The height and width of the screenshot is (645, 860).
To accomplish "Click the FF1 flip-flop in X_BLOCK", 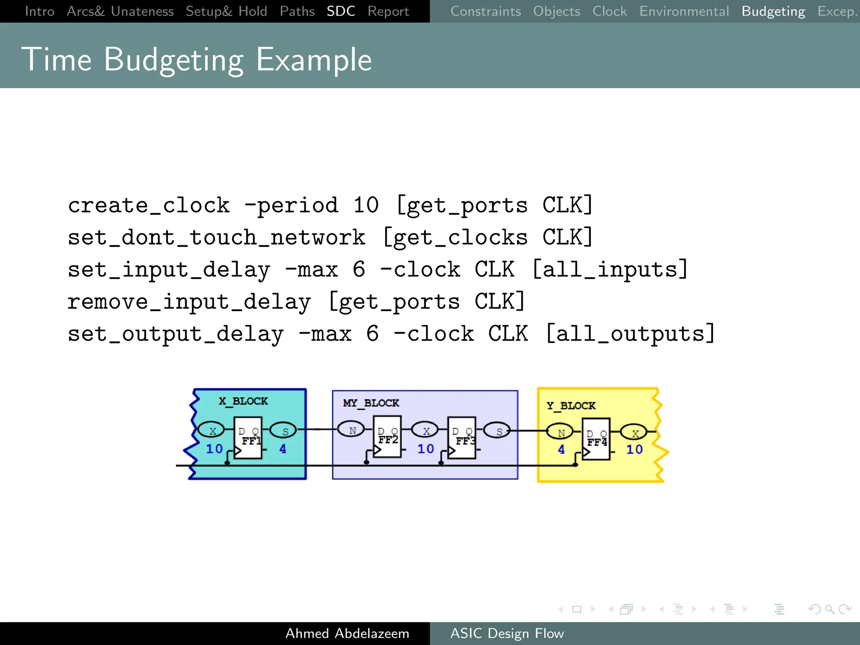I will [x=248, y=438].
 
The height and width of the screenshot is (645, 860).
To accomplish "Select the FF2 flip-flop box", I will [x=387, y=436].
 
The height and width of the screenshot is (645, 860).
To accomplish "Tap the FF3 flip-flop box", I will [x=461, y=438].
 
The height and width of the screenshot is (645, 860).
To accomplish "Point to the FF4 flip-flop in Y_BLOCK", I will [x=596, y=439].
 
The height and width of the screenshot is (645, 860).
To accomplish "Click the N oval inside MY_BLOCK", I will [x=351, y=430].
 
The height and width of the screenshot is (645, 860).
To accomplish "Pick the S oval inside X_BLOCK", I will [x=283, y=430].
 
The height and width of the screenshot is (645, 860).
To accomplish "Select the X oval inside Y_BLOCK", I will [x=634, y=432].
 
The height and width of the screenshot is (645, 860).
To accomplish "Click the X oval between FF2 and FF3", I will [x=425, y=430].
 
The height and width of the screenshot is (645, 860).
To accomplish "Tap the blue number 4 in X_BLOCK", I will [x=283, y=448].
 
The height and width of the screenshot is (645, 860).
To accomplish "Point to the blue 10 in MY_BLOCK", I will [x=425, y=448].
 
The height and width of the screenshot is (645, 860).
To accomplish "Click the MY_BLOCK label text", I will [x=371, y=403].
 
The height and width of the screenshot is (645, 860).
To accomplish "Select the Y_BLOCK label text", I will [x=571, y=406].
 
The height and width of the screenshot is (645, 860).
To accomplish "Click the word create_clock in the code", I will [x=149, y=205].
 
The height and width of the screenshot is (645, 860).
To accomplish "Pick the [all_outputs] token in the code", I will [x=630, y=334].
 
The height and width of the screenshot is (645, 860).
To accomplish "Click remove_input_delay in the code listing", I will [x=189, y=302].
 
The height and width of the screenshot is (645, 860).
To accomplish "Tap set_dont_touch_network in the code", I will [x=217, y=237].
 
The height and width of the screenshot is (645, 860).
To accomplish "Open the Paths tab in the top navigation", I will [x=297, y=11].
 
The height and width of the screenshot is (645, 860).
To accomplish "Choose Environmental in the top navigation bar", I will [x=684, y=11].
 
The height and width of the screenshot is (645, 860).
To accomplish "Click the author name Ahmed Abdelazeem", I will [x=347, y=633].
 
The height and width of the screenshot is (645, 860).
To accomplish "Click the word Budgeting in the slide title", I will [x=173, y=60].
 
